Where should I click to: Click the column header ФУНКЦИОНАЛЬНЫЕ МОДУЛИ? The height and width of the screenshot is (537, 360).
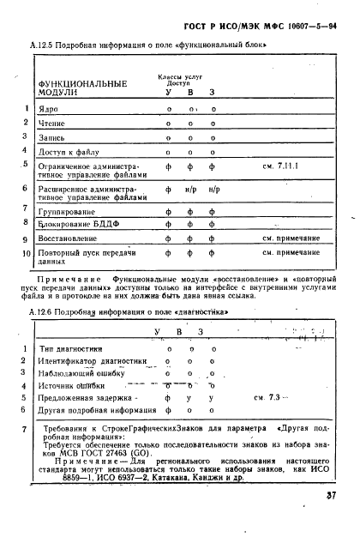(x=81, y=88)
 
